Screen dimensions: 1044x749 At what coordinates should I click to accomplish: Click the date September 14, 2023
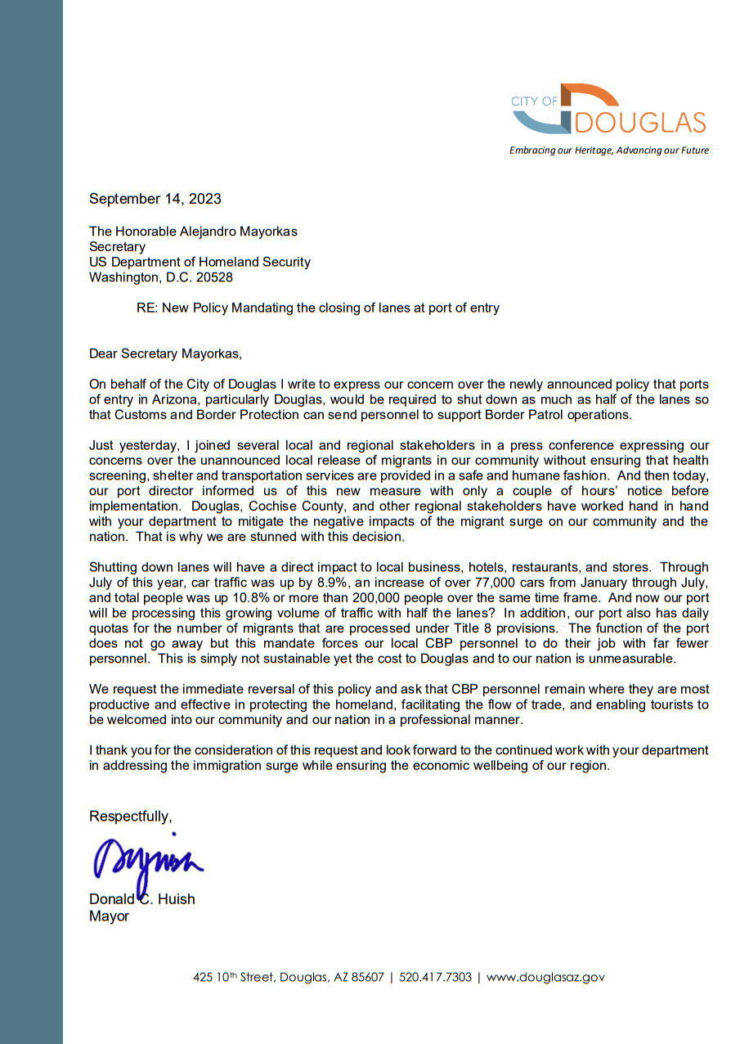[155, 199]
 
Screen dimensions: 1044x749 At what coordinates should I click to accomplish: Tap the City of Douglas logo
[608, 110]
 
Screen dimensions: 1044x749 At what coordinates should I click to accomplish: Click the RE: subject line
[317, 308]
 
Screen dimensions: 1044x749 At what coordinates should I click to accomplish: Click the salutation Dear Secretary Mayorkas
[166, 353]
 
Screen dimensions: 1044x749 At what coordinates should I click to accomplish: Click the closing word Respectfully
[130, 816]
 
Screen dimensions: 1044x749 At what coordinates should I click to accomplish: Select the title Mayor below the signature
[109, 916]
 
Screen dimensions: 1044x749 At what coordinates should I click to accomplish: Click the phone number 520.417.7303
[435, 978]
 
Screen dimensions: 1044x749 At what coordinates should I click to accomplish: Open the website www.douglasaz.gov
[545, 978]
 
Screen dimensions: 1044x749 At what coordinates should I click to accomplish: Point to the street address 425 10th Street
[234, 978]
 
